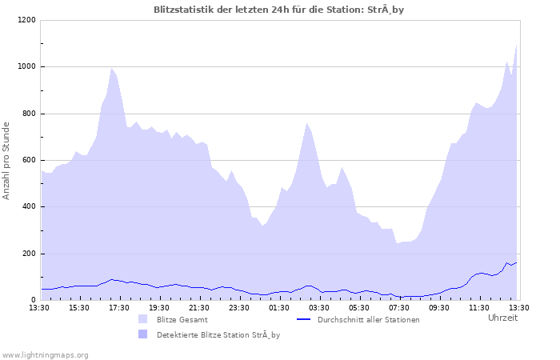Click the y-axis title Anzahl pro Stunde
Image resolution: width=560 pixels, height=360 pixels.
point(7,160)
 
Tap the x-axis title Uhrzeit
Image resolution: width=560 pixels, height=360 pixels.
point(502,318)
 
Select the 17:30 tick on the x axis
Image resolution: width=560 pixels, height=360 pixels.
point(119,307)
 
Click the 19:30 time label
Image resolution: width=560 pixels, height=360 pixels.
point(159,307)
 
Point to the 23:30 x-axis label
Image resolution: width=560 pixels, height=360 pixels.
point(239,307)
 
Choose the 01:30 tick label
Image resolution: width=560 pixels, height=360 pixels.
point(279,307)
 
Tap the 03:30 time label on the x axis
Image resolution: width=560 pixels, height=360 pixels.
point(319,307)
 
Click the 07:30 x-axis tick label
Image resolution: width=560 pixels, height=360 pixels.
point(399,307)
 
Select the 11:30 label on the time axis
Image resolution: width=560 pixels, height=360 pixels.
point(479,307)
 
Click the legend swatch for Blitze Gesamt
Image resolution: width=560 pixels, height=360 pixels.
point(143,319)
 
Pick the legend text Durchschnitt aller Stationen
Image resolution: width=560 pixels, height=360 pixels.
point(368,320)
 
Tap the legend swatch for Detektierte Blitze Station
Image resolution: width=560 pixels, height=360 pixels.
point(143,334)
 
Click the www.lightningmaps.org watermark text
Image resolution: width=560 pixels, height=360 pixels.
point(45,354)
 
